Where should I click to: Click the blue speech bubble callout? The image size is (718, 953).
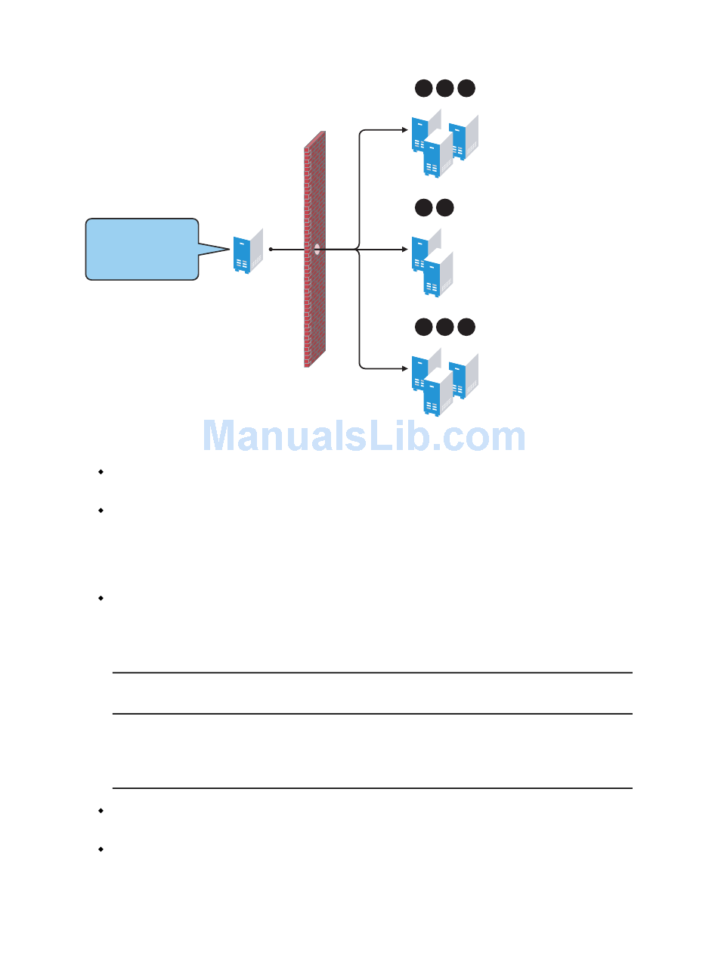tap(142, 250)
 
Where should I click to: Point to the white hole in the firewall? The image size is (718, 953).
tap(317, 248)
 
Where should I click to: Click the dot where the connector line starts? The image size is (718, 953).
tap(271, 249)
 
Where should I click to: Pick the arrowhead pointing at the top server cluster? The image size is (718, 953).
tap(404, 130)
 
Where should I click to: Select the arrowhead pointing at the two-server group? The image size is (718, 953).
tap(404, 249)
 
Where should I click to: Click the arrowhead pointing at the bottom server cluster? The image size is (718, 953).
tap(404, 368)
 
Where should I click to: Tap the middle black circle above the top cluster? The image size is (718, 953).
tap(444, 88)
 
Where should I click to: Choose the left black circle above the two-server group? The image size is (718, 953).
tap(423, 207)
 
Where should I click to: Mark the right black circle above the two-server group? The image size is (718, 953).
tap(444, 207)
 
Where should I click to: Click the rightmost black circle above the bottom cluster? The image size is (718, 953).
tap(466, 327)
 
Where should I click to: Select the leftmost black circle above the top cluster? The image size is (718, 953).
tap(423, 88)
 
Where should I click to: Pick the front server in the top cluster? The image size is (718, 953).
tap(436, 155)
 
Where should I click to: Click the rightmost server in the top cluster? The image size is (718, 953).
tap(463, 138)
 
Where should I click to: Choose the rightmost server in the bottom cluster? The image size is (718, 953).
tap(463, 377)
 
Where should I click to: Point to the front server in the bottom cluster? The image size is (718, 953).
tap(436, 393)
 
